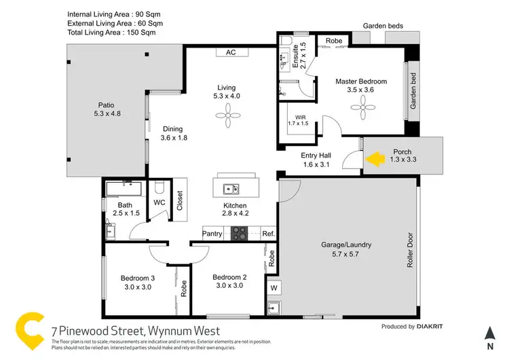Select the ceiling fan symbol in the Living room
tap(225, 116)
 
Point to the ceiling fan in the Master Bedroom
tap(362, 102)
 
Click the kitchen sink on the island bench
tap(230, 189)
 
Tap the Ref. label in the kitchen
tap(268, 233)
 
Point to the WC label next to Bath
tap(159, 202)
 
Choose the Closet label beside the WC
tap(180, 200)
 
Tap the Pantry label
tap(212, 233)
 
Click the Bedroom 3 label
tap(138, 282)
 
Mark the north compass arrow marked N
tap(489, 332)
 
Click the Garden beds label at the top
tap(383, 26)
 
